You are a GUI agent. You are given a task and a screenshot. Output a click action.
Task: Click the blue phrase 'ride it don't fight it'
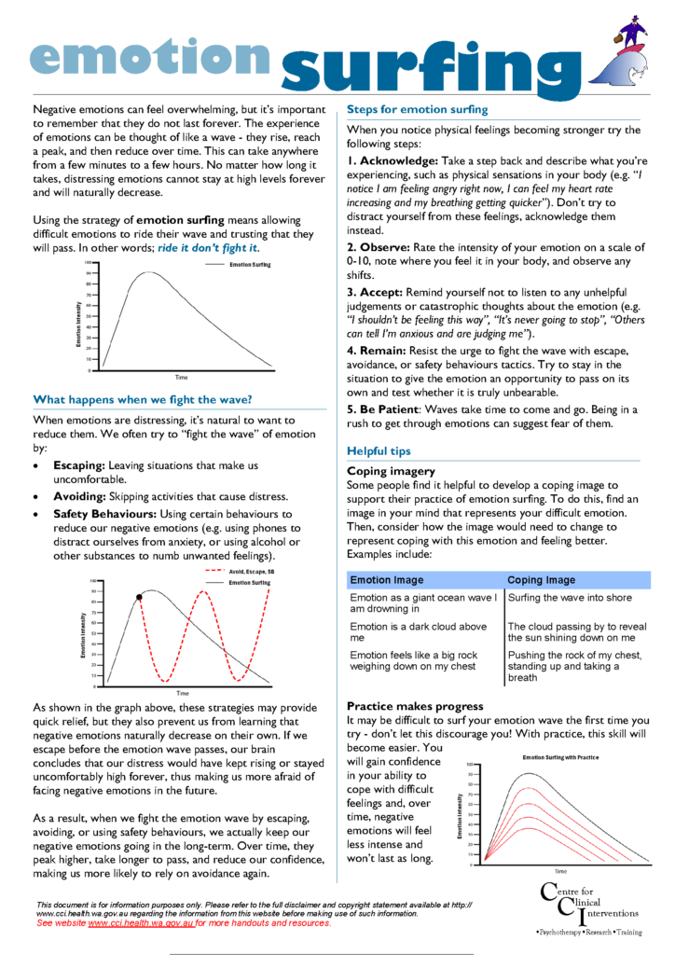pos(208,247)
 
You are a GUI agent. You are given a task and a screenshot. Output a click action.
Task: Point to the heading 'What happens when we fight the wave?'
pos(143,399)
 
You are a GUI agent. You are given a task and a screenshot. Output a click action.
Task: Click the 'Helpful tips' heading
pos(379,451)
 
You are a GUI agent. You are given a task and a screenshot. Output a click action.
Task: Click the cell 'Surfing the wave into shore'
pos(569,598)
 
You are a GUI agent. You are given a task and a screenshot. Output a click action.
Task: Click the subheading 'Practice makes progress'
pos(415,706)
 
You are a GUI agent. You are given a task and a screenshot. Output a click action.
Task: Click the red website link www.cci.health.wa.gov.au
pos(141,922)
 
